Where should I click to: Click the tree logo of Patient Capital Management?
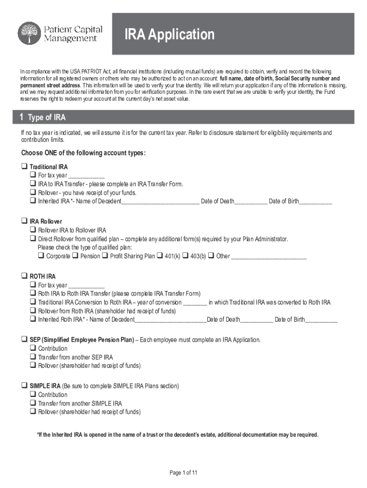pos(29,33)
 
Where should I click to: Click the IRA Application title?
pos(170,35)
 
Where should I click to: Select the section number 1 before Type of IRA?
pos(21,118)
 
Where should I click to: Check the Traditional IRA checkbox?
pos(24,167)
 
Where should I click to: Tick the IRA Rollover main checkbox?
pos(24,222)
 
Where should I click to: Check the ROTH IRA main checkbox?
pos(24,276)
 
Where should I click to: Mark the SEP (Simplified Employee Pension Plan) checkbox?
pos(24,340)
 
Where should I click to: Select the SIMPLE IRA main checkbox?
pos(24,386)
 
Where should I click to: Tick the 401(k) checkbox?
pos(160,256)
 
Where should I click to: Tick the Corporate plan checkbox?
pos(41,256)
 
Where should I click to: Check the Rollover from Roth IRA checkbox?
pos(33,311)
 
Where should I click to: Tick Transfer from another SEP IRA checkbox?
pos(33,357)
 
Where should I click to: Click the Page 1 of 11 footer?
pos(183,473)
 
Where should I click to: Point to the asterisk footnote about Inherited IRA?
pos(178,435)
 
